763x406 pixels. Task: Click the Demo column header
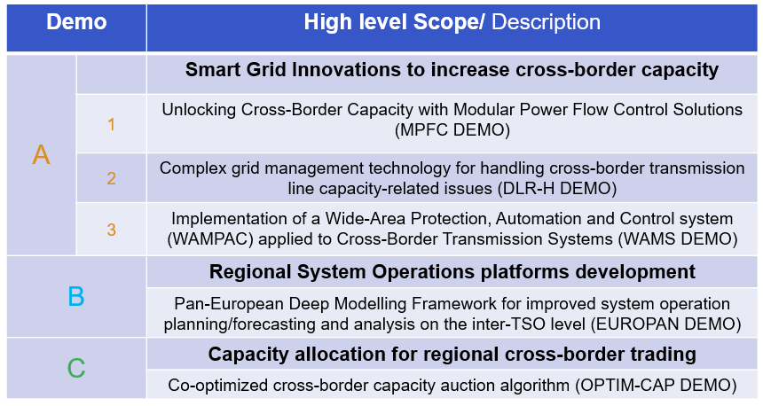[76, 22]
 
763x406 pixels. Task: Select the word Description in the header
[546, 22]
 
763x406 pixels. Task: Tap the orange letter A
[42, 155]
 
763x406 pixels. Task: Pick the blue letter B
[76, 296]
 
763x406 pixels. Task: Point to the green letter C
[76, 368]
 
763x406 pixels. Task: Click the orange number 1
[112, 124]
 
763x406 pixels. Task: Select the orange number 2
[112, 178]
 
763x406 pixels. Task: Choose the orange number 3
[112, 230]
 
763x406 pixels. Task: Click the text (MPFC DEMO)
[452, 130]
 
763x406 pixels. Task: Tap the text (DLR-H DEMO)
[557, 189]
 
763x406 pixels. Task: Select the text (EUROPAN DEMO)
[666, 324]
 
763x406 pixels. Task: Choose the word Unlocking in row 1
[199, 110]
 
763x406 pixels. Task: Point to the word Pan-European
[229, 304]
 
